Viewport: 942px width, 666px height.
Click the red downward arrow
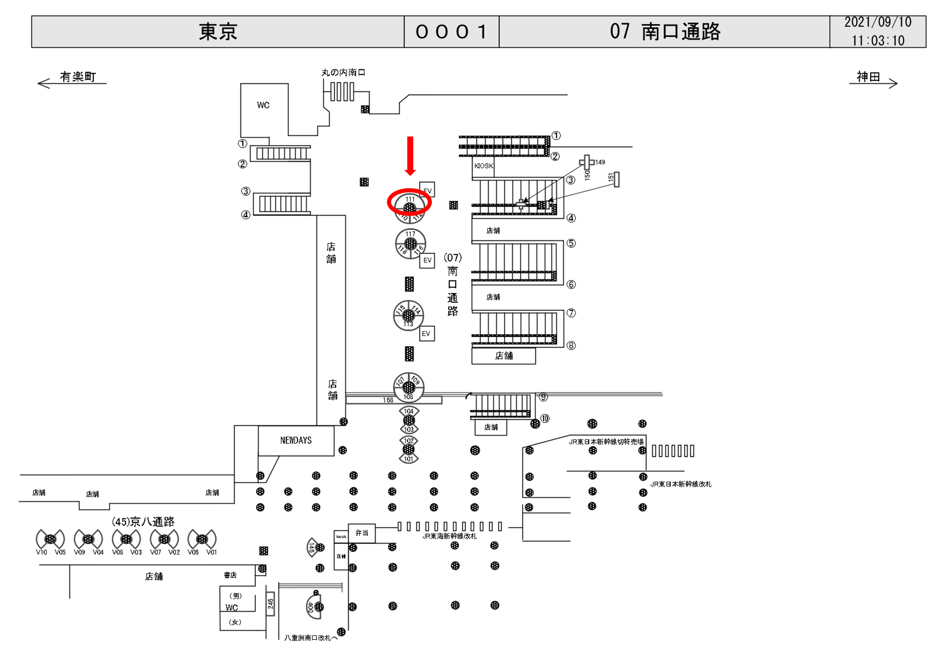click(410, 155)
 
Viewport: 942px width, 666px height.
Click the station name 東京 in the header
click(218, 32)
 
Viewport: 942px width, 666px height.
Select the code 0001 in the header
click(451, 32)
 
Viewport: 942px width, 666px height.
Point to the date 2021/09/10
click(877, 22)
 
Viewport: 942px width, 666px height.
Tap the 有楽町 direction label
click(78, 77)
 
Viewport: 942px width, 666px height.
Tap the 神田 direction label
click(868, 77)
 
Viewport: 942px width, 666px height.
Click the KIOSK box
click(483, 166)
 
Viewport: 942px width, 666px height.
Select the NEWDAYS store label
click(296, 440)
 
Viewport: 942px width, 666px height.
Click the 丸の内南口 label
click(343, 73)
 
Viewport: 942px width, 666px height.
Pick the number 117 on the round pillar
click(410, 234)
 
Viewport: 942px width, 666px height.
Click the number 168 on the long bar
click(388, 400)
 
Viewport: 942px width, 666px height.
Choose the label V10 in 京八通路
click(42, 552)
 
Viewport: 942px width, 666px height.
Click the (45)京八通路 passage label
click(143, 522)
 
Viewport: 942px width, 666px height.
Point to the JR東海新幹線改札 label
click(450, 536)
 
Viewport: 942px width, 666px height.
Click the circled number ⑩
click(545, 418)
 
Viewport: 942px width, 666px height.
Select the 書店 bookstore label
click(230, 575)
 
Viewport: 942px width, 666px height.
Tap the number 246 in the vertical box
click(270, 604)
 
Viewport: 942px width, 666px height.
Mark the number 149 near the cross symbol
click(600, 163)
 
